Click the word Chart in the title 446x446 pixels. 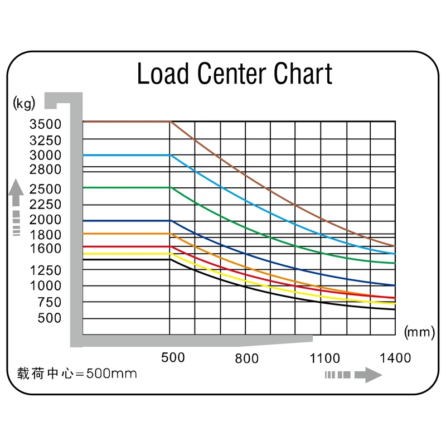[x=303, y=74]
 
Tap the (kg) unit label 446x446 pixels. [x=23, y=102]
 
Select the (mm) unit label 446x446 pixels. [x=418, y=333]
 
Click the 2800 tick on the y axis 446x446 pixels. [x=46, y=169]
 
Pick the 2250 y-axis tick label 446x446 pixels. [x=46, y=204]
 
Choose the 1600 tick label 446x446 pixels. [x=46, y=248]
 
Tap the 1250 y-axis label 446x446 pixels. [x=46, y=270]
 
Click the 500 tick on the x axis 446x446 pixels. [x=173, y=357]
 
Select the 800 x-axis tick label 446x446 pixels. [x=246, y=358]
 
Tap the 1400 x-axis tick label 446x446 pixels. [x=395, y=357]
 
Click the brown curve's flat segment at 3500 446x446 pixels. [x=126, y=121]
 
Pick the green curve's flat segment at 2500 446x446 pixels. [x=126, y=187]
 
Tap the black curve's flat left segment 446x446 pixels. [x=126, y=259]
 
